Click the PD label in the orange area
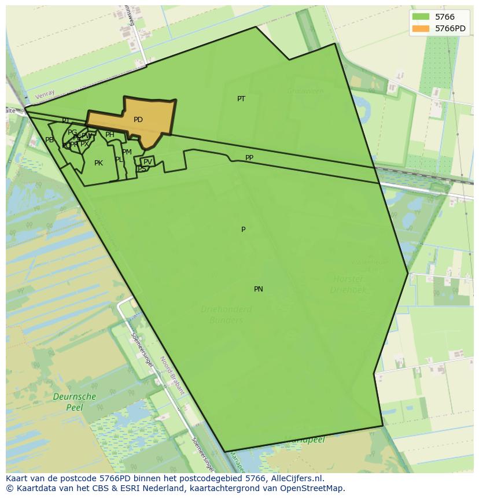(x=138, y=120)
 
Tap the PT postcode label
(x=241, y=99)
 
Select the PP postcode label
(x=249, y=158)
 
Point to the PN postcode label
(x=259, y=289)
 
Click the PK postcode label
(x=98, y=163)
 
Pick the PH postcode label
(x=109, y=135)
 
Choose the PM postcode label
(x=127, y=152)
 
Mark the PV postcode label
(x=148, y=162)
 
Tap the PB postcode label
(x=49, y=140)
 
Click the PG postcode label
(x=72, y=132)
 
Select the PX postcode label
(x=84, y=144)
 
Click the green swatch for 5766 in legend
(x=421, y=17)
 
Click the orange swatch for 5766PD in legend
(x=421, y=29)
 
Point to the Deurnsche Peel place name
(x=74, y=402)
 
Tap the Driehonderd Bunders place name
(x=226, y=315)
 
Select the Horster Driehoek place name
(x=348, y=285)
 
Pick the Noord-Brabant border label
(x=172, y=375)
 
